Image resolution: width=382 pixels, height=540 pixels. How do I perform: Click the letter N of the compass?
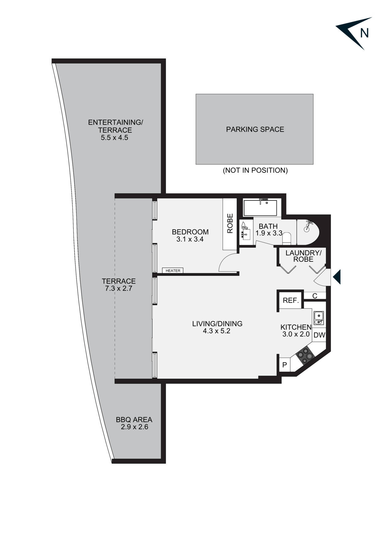[x=364, y=33]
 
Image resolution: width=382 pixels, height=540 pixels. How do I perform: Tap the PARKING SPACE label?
[x=255, y=129]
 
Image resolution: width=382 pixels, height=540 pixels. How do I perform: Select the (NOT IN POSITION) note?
[x=255, y=170]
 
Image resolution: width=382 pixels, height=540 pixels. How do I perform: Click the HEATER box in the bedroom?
[x=173, y=271]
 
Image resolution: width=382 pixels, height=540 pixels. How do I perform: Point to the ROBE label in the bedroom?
[x=230, y=224]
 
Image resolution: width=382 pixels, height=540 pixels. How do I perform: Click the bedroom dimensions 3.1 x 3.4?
[x=190, y=239]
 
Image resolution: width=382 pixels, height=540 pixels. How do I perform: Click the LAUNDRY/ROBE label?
[x=303, y=256]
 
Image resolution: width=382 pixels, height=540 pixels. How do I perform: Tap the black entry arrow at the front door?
[x=337, y=276]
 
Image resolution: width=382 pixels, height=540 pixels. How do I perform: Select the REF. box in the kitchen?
[x=291, y=300]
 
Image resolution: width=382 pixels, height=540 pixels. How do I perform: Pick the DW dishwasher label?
[x=319, y=335]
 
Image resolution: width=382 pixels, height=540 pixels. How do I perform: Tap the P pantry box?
[x=285, y=365]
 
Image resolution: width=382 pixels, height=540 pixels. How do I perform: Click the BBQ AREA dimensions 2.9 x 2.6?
[x=134, y=427]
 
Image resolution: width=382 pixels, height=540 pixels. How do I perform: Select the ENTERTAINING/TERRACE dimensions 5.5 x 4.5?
[x=114, y=138]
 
